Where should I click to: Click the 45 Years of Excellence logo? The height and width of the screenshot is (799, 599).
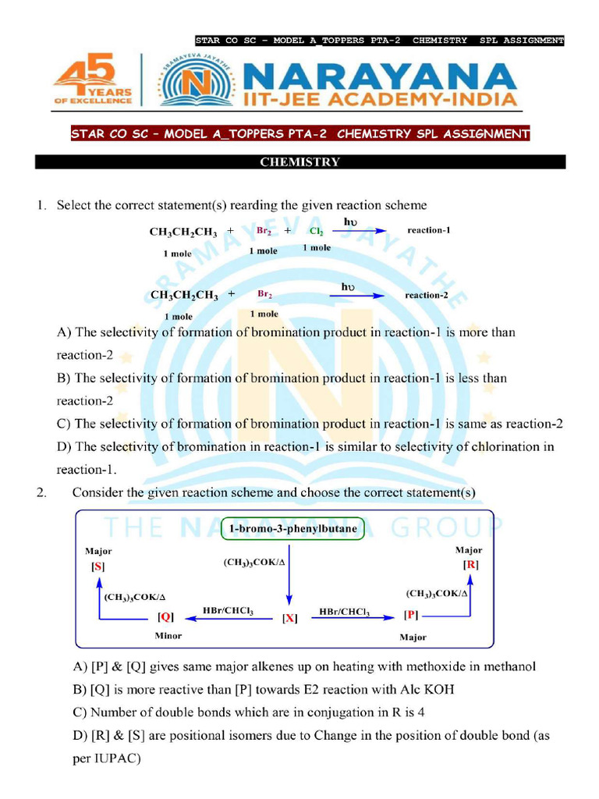pos(94,80)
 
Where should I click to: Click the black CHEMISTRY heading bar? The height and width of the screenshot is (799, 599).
pos(299,162)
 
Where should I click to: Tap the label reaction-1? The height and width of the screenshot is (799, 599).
pos(428,231)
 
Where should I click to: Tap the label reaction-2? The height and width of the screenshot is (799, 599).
pos(426,296)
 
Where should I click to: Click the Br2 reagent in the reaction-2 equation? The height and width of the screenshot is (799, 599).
pos(264,295)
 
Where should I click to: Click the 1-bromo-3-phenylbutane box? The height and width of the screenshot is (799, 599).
pos(293,530)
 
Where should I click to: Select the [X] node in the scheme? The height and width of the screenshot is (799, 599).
pos(289,619)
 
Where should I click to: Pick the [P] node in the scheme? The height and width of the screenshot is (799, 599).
pos(411,614)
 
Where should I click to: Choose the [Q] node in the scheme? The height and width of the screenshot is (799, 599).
pos(165,616)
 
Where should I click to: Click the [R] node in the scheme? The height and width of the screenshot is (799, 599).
pos(470,564)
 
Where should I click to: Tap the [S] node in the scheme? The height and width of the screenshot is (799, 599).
pos(97,567)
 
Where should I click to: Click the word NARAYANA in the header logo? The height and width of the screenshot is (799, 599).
pos(380,77)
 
